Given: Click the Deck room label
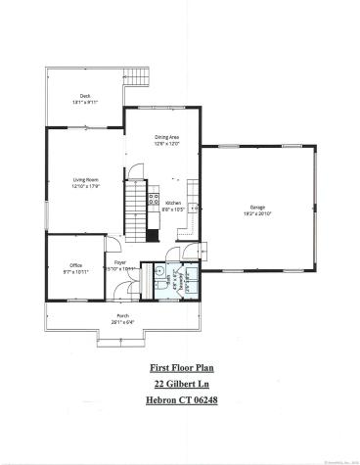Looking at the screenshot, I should [86, 95].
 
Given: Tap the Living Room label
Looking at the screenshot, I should [86, 180].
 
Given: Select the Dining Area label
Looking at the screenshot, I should [167, 137].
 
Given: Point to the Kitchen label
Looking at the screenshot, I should [173, 203].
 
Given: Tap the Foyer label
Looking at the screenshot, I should [120, 262].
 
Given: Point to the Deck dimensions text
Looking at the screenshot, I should [86, 102].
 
